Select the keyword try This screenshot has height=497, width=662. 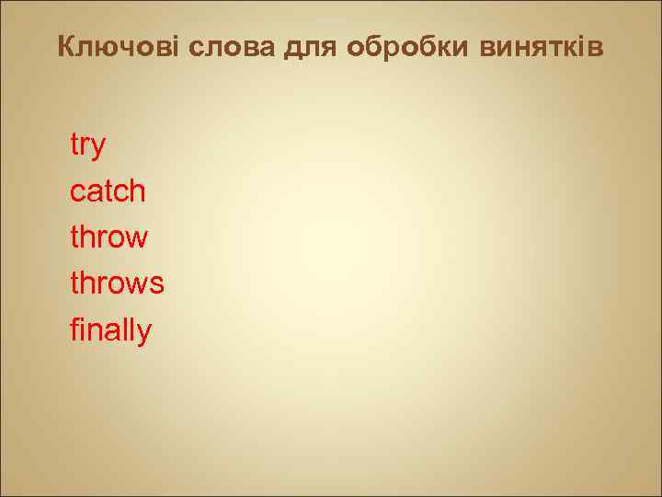tap(88, 146)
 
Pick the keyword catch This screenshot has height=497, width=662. tap(108, 191)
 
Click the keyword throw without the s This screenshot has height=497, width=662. tap(108, 237)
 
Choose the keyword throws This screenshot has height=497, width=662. tap(117, 283)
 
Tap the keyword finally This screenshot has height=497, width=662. tap(110, 330)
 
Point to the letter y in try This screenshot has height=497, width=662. tap(98, 148)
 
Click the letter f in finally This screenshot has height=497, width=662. tap(75, 329)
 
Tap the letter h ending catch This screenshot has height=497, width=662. tap(138, 191)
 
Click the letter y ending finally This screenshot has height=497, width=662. tap(144, 333)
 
